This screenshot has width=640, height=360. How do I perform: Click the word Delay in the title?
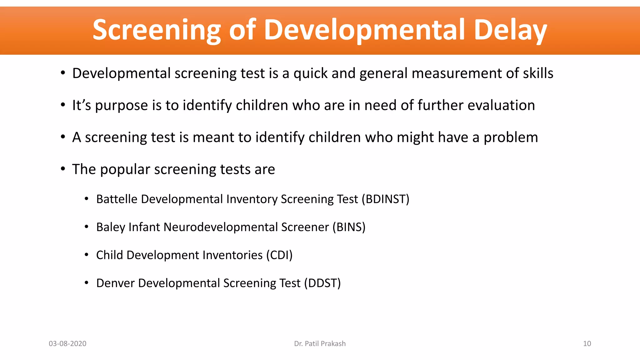(x=510, y=30)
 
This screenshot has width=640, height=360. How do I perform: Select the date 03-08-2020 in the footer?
(x=67, y=343)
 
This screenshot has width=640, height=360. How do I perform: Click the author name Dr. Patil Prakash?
(x=320, y=343)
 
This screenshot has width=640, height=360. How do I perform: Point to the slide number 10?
(x=587, y=343)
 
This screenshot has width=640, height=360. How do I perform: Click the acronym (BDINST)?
(x=385, y=199)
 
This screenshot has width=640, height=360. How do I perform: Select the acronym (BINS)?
(x=349, y=227)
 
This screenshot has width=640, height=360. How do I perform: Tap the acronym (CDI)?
(x=279, y=255)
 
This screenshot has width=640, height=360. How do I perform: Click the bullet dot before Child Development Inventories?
(x=87, y=255)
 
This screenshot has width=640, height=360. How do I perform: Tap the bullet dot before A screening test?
(x=63, y=137)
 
